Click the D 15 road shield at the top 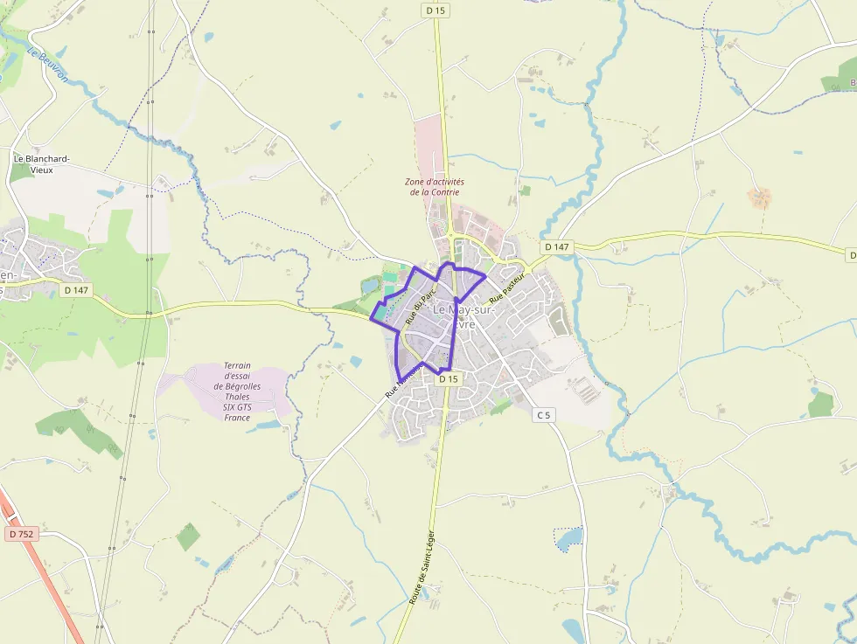pos(435,10)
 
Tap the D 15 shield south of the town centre pos(448,379)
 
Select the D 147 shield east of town pos(557,247)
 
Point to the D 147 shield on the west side pos(77,289)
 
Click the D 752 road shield pos(23,533)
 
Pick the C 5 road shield pos(544,415)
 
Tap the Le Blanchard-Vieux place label pos(41,164)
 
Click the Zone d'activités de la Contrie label pos(435,187)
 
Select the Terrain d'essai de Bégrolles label pos(237,391)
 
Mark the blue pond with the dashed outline pos(568,538)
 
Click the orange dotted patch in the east pos(759,197)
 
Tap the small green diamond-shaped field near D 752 pos(188,537)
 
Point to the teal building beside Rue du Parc pos(389,277)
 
